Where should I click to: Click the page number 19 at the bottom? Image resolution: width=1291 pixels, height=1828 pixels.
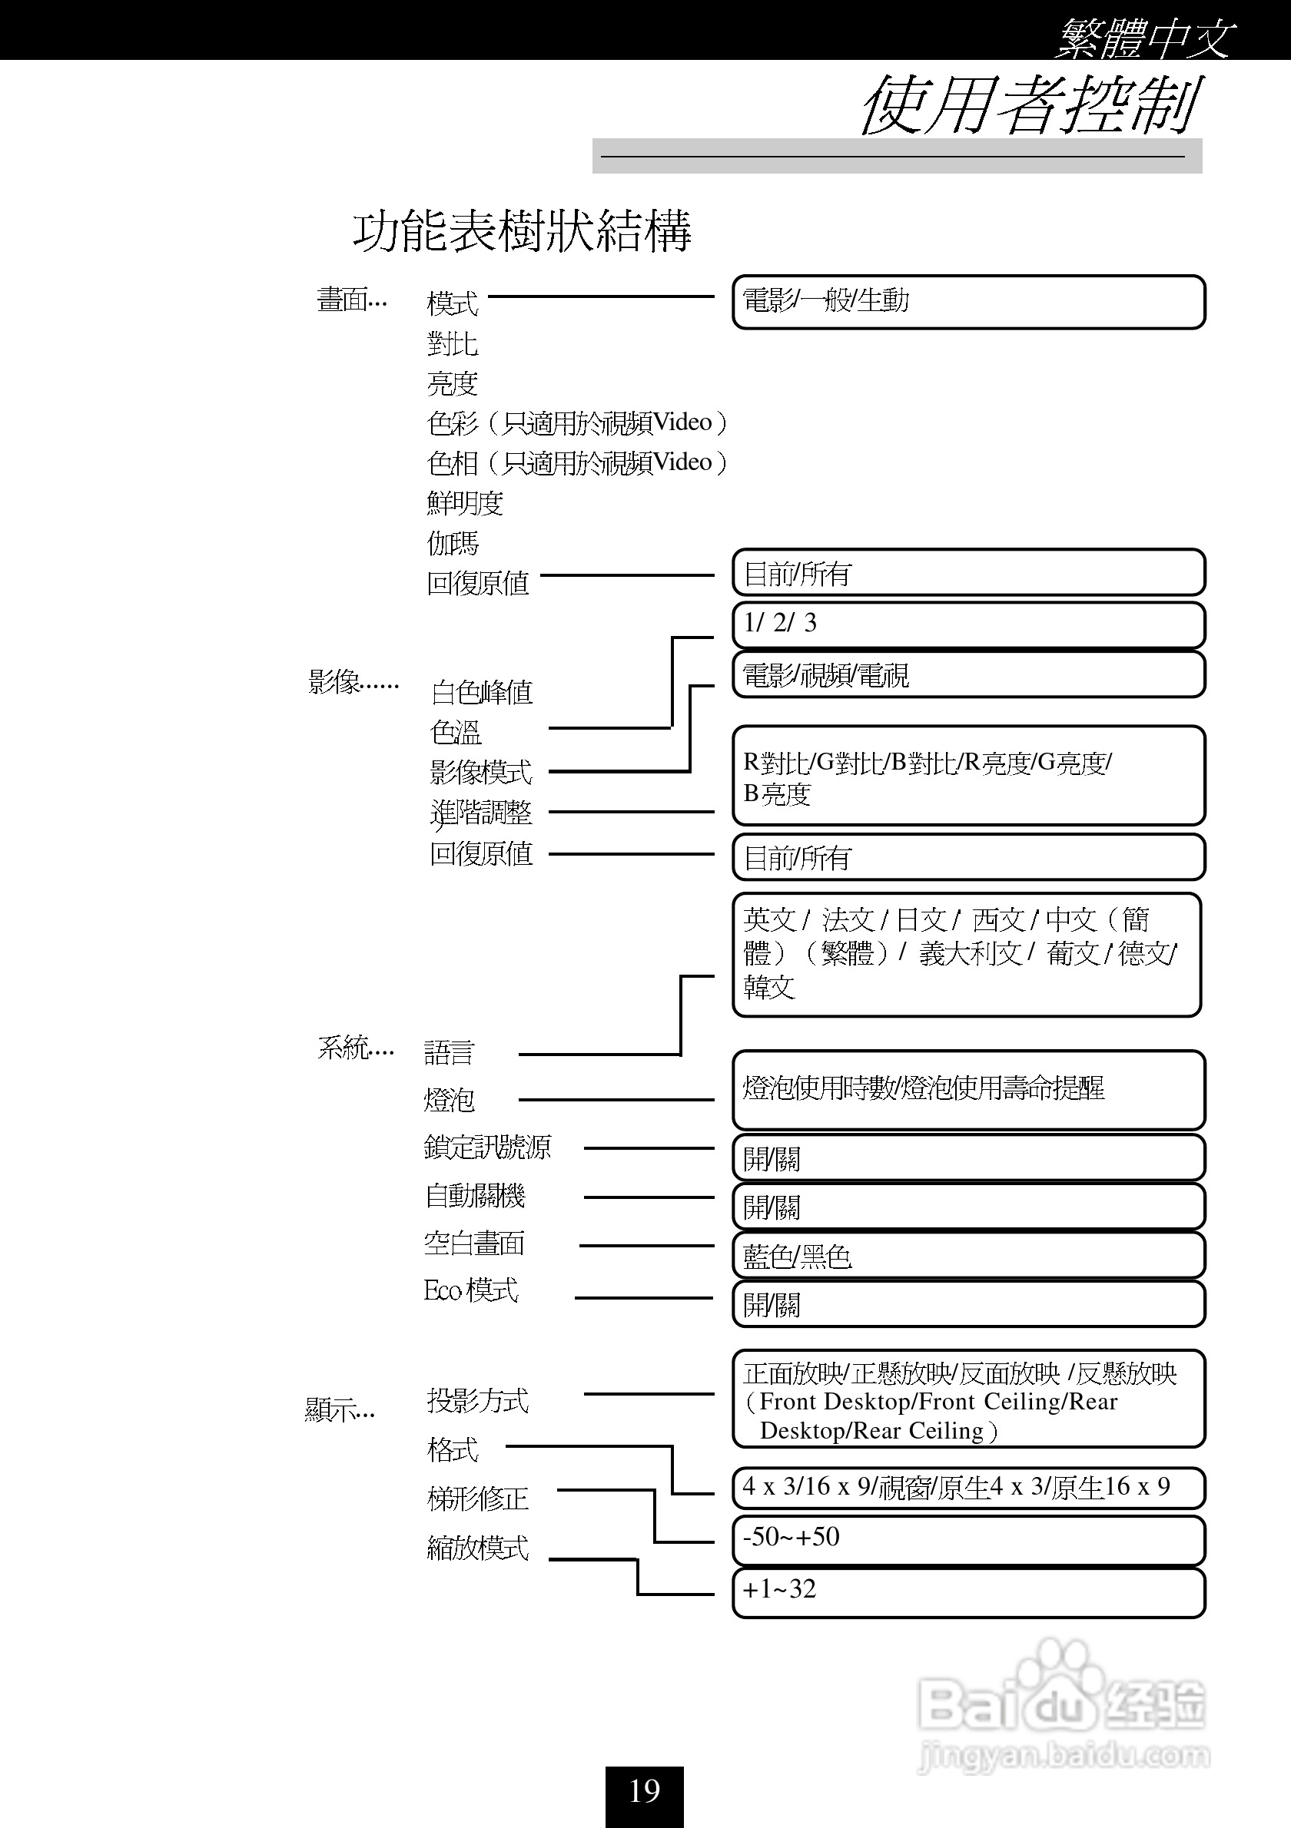tap(644, 1790)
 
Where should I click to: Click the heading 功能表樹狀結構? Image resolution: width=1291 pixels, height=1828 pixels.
tap(522, 232)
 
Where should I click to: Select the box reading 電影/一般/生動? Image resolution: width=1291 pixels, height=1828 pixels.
tap(967, 302)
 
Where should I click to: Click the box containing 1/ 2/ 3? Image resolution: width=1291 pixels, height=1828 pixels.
tap(967, 624)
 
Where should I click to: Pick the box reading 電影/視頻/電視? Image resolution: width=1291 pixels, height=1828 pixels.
tap(967, 675)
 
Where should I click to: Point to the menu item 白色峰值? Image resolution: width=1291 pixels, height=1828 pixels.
tap(482, 692)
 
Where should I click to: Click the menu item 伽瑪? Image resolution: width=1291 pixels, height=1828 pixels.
tap(453, 543)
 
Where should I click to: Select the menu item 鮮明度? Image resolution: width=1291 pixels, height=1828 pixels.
tap(465, 502)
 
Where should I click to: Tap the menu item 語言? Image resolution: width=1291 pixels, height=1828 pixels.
tap(450, 1052)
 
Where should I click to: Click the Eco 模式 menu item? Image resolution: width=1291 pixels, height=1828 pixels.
tap(471, 1290)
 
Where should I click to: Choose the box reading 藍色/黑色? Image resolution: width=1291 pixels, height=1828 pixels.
tap(967, 1257)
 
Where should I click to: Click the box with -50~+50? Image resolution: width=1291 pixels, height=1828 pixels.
tap(967, 1539)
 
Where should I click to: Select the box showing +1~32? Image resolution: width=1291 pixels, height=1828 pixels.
tap(967, 1591)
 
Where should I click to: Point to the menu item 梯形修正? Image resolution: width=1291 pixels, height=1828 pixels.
tap(478, 1498)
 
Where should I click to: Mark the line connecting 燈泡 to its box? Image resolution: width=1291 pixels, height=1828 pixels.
tap(616, 1100)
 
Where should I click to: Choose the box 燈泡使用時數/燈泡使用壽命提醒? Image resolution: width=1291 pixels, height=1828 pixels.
tap(967, 1089)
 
